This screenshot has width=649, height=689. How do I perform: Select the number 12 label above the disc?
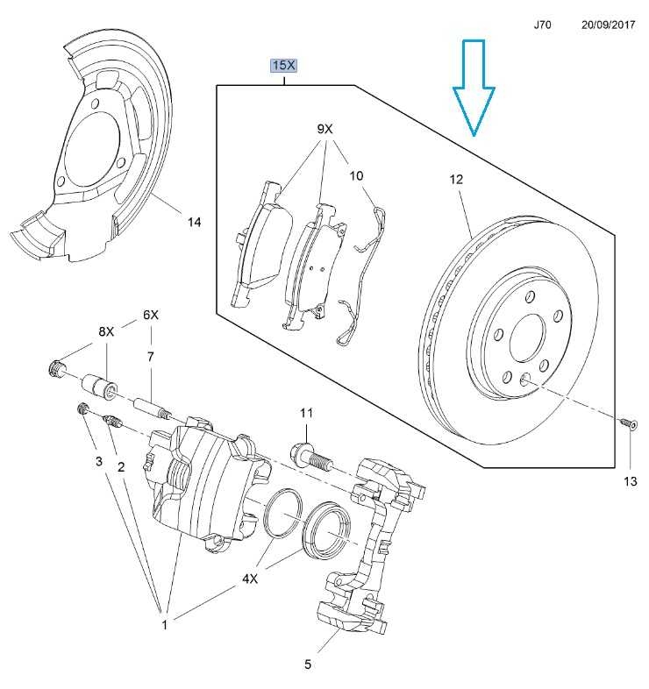pyautogui.click(x=455, y=180)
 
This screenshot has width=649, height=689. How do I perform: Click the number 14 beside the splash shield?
pyautogui.click(x=194, y=223)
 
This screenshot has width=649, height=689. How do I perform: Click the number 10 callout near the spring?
pyautogui.click(x=356, y=175)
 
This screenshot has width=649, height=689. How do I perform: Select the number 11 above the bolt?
pyautogui.click(x=305, y=413)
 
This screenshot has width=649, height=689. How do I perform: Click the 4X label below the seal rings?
pyautogui.click(x=250, y=579)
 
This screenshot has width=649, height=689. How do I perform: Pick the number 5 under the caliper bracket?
pyautogui.click(x=308, y=664)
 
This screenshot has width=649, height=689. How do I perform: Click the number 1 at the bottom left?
pyautogui.click(x=164, y=624)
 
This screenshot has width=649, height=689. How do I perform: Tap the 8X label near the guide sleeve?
pyautogui.click(x=105, y=331)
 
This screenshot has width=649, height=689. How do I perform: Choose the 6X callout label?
pyautogui.click(x=151, y=314)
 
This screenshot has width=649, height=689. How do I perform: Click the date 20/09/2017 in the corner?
pyautogui.click(x=607, y=26)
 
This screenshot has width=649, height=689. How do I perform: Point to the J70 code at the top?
pyautogui.click(x=543, y=26)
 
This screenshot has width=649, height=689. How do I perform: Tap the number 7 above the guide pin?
pyautogui.click(x=151, y=356)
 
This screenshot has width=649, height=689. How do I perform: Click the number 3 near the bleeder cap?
pyautogui.click(x=99, y=461)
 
